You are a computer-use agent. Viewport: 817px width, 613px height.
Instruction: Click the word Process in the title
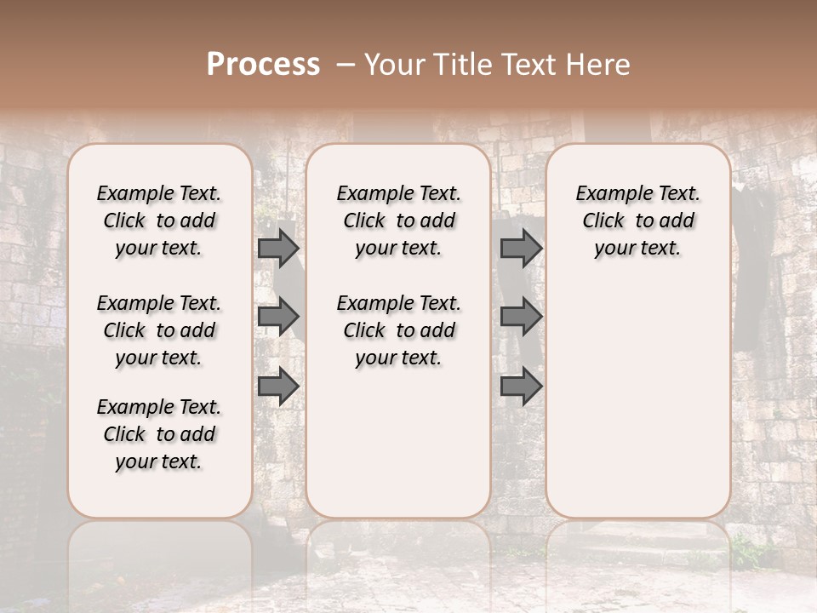[263, 65]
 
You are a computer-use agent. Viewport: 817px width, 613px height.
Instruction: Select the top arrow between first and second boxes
[278, 249]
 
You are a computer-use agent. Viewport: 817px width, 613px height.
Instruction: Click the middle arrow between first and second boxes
[278, 317]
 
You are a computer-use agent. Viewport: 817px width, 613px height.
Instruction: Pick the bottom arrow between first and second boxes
[278, 386]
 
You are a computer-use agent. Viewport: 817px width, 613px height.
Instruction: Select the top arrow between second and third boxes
[521, 249]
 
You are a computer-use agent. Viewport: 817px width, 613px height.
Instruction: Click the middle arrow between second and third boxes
[521, 317]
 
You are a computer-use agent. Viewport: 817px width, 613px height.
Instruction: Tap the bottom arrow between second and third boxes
[521, 386]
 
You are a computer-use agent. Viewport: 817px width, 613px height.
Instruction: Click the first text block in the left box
[159, 221]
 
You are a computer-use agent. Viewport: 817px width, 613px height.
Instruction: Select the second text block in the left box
[159, 330]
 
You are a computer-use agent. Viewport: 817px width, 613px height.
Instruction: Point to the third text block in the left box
[159, 434]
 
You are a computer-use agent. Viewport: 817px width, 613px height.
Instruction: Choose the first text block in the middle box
[398, 221]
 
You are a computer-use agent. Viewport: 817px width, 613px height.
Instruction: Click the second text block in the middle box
[398, 330]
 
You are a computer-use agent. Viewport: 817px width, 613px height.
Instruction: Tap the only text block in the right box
[638, 221]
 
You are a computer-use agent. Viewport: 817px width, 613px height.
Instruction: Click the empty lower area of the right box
[638, 400]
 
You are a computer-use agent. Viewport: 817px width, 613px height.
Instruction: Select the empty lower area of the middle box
[398, 443]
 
